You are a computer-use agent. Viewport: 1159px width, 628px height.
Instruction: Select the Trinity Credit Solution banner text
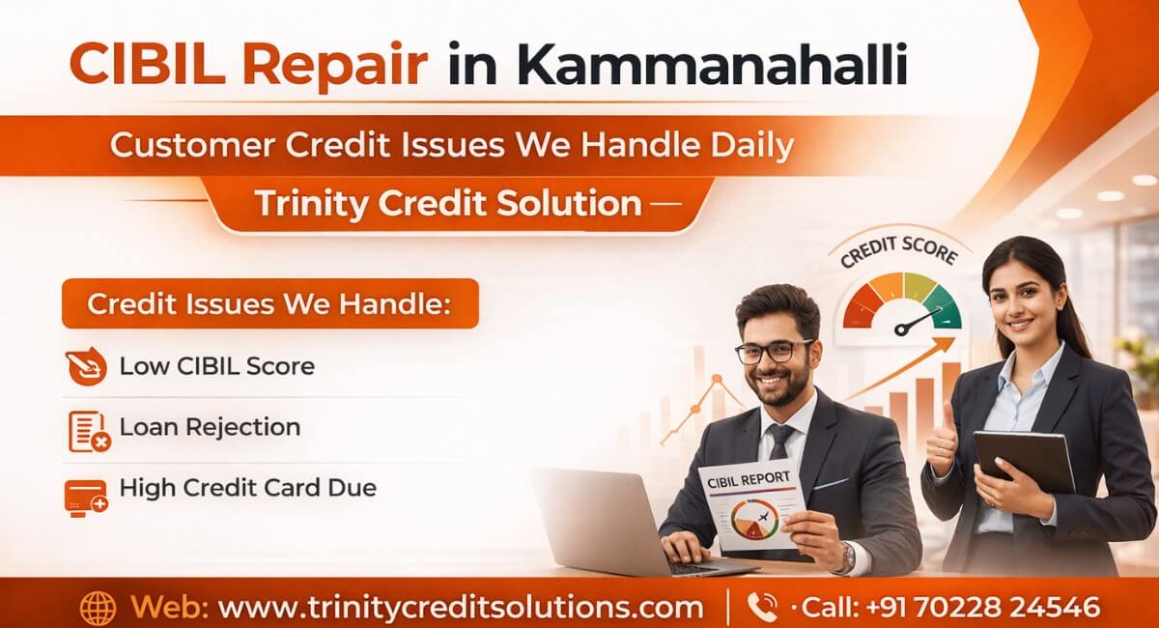(x=448, y=204)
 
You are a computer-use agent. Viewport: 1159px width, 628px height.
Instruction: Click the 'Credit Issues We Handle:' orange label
(x=269, y=304)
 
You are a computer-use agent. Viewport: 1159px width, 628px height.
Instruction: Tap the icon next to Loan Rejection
(x=88, y=430)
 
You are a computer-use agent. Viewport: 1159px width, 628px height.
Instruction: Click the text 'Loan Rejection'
(x=210, y=427)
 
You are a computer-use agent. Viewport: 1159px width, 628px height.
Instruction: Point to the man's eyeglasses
(x=774, y=351)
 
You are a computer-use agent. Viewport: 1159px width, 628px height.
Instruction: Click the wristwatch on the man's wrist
(x=847, y=557)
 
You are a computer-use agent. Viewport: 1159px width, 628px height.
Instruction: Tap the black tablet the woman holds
(x=1023, y=461)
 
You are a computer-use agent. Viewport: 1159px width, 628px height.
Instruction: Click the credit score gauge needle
(x=919, y=321)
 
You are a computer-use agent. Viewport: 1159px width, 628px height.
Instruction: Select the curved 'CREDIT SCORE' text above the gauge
(x=898, y=253)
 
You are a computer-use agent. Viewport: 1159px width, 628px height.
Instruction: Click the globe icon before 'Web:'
(x=98, y=608)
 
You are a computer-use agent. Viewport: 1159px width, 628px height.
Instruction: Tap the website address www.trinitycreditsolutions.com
(x=460, y=608)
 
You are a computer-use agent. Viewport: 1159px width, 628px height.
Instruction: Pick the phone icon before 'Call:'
(x=761, y=607)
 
